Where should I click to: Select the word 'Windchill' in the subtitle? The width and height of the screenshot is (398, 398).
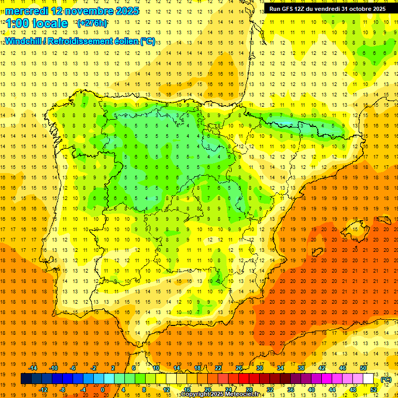coord(23,41)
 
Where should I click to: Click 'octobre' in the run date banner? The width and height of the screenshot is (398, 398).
coord(357,9)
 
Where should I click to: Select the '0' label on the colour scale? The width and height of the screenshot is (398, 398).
coord(103,390)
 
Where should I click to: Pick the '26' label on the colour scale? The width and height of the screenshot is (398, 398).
coord(239,367)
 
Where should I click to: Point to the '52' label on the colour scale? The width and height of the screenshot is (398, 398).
coord(374,390)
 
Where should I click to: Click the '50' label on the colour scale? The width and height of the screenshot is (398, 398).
coord(363,367)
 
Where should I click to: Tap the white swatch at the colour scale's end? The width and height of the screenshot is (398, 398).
coord(368,379)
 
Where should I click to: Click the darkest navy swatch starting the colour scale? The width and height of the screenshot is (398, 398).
coord(26,379)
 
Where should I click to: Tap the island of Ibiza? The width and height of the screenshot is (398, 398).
coord(317,252)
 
